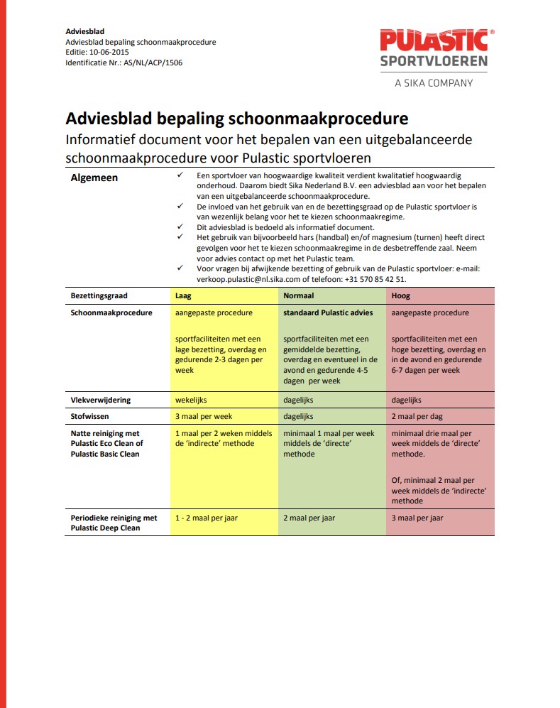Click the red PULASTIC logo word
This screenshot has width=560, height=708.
(434, 40)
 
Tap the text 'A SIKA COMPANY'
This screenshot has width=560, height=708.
(434, 83)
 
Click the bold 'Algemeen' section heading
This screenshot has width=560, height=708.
(94, 178)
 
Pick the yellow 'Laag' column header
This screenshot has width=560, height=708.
(184, 295)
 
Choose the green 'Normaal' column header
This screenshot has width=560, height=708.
(299, 295)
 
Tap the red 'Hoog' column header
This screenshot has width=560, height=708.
(400, 295)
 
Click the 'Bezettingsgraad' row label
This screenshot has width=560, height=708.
(99, 295)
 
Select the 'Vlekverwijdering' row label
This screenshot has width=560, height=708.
(100, 400)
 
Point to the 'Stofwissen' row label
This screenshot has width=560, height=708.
(90, 416)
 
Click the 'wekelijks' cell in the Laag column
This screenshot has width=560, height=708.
(191, 400)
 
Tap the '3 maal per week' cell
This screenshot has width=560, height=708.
(204, 416)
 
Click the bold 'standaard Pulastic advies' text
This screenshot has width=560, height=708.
(328, 312)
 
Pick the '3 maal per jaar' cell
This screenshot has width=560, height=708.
(417, 518)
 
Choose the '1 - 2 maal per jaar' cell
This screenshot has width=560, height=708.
(207, 518)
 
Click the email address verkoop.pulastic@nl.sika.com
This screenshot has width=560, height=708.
(251, 279)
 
